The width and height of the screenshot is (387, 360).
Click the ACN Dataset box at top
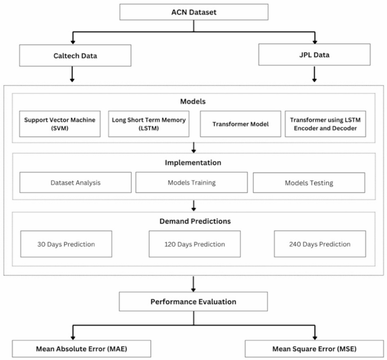[194, 12]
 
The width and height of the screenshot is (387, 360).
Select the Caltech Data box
[75, 56]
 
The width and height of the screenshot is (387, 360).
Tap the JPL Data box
[314, 55]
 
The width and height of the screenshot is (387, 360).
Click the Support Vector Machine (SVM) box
[59, 124]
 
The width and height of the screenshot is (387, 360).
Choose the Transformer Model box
[240, 124]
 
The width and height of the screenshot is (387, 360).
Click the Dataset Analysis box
[75, 183]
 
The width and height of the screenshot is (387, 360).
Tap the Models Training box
[192, 183]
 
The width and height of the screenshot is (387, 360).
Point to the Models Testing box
[309, 183]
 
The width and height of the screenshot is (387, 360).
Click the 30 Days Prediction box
[66, 244]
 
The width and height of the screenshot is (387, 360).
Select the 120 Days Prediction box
[195, 244]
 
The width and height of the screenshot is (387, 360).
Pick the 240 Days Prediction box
[320, 244]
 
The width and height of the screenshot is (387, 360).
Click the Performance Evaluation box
[193, 302]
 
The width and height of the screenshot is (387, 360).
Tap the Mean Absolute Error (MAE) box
[81, 349]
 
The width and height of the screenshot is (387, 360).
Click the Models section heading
[193, 102]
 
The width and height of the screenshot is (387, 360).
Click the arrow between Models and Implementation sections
[194, 147]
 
